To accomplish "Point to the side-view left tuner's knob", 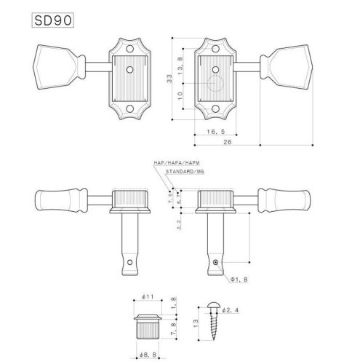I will click(x=60, y=199).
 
